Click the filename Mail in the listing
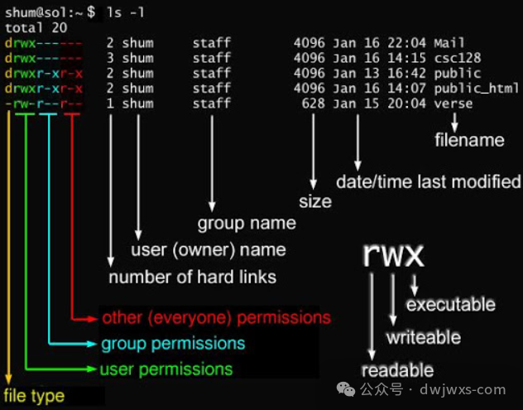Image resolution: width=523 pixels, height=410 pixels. (x=449, y=42)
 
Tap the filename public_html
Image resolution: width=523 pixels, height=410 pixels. (x=478, y=89)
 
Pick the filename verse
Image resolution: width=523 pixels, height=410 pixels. (x=453, y=104)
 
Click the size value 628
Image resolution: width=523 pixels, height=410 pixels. (x=313, y=104)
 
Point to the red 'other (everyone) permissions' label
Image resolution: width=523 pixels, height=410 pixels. (x=216, y=317)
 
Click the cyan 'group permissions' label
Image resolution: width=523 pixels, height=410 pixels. (x=173, y=343)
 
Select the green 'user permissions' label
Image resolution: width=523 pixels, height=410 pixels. (x=166, y=369)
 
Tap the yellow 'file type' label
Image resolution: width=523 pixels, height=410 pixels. (x=34, y=396)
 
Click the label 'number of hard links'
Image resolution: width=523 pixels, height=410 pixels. (x=193, y=276)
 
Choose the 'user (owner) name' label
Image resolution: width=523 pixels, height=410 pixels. (x=209, y=249)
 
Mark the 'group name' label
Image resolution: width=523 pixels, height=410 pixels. (x=247, y=223)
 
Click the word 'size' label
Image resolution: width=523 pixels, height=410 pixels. (x=314, y=201)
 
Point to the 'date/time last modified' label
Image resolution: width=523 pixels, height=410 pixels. (x=429, y=181)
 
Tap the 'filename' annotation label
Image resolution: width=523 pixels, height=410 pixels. (x=469, y=140)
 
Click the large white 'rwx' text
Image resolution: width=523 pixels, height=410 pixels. (x=393, y=254)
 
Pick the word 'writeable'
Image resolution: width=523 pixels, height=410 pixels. (x=423, y=337)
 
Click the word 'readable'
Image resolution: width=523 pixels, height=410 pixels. (x=397, y=370)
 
